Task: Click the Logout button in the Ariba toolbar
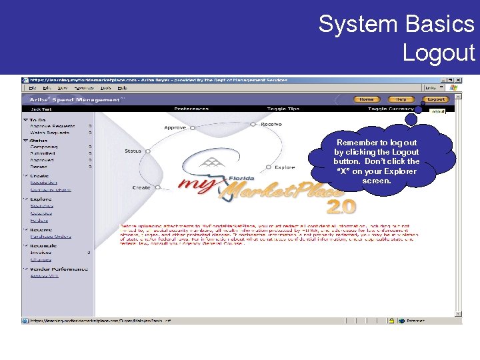click(x=436, y=99)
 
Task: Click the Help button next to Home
click(x=402, y=99)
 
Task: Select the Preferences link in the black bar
click(x=191, y=109)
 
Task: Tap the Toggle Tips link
click(x=283, y=109)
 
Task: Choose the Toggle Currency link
click(x=387, y=109)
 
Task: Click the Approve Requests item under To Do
click(x=52, y=126)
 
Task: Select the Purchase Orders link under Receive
click(x=50, y=236)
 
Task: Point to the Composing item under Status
click(x=43, y=147)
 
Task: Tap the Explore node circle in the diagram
click(x=268, y=167)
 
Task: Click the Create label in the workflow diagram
click(x=141, y=187)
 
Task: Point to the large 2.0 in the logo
click(x=341, y=207)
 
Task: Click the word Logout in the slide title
click(x=438, y=52)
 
